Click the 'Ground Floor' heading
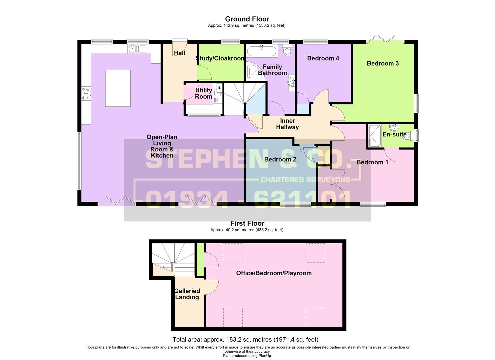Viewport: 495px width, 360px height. click(x=247, y=19)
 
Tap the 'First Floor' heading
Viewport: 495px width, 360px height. click(x=247, y=223)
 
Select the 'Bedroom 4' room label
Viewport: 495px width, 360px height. click(x=323, y=58)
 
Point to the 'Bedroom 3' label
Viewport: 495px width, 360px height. click(x=383, y=63)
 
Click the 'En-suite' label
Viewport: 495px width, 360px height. click(x=394, y=134)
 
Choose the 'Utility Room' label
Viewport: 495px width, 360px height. click(x=204, y=93)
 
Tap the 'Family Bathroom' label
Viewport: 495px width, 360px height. click(x=272, y=70)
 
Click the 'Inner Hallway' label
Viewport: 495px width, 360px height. click(x=287, y=124)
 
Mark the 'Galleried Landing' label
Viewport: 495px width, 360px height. click(x=187, y=294)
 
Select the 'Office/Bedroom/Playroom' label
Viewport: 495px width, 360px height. click(x=274, y=273)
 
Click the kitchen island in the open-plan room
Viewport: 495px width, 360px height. click(x=118, y=88)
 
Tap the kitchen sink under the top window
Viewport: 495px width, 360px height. click(x=137, y=49)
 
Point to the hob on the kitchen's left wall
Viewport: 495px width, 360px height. click(x=86, y=93)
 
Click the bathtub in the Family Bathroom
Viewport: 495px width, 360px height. click(x=262, y=51)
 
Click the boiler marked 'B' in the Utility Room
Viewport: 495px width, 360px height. click(x=219, y=88)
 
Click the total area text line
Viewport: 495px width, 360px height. click(x=245, y=340)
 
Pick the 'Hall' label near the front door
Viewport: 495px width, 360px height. click(x=179, y=53)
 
